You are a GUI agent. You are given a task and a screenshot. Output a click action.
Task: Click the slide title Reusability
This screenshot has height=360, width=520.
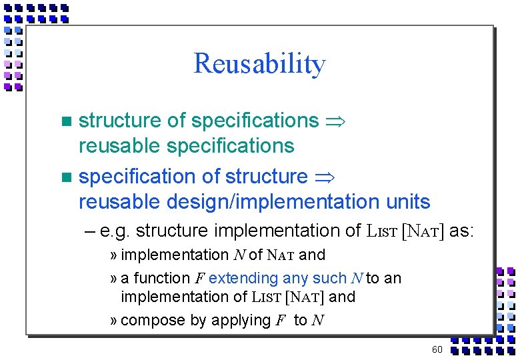[259, 64]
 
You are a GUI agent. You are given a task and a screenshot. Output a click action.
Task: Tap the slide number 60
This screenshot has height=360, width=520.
[437, 350]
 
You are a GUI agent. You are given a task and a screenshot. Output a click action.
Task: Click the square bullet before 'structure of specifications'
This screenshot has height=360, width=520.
[65, 121]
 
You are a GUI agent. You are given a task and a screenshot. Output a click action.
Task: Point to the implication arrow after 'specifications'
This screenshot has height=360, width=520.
[334, 121]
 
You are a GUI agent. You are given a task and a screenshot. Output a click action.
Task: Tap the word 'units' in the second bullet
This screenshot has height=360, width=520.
[408, 201]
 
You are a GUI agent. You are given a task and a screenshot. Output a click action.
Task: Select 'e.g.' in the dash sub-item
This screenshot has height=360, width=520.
[115, 231]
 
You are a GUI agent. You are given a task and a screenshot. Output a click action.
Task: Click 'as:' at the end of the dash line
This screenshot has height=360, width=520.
[461, 231]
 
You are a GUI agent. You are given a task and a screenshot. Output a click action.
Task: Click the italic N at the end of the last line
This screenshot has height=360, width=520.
[317, 321]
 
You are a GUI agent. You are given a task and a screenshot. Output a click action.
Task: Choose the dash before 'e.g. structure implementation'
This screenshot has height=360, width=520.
[91, 231]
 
